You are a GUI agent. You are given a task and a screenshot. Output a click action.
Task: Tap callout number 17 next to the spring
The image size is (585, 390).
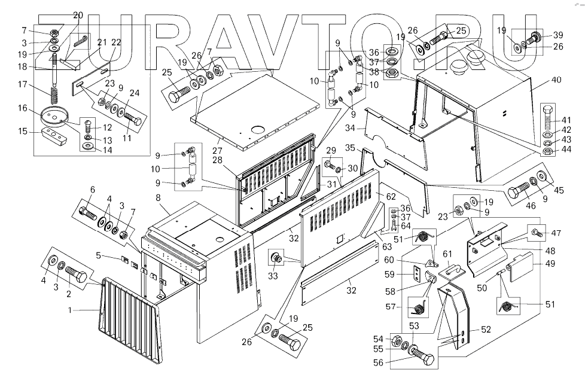pos(23,84)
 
